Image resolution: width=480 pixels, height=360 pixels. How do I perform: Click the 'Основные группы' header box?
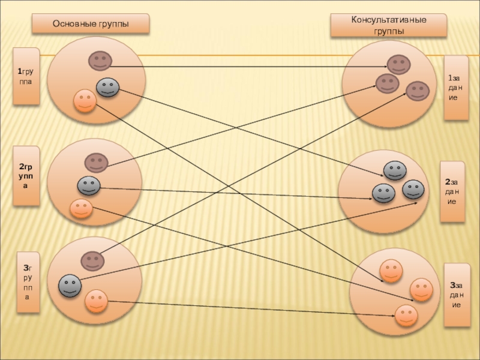coord(91,25)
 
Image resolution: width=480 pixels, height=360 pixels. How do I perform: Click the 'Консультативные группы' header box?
coord(389,26)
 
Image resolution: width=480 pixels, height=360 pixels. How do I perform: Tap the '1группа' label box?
coord(26,77)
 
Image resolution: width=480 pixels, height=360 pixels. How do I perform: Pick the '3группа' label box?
coord(28,283)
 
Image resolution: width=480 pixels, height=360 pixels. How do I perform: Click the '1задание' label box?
coord(456,88)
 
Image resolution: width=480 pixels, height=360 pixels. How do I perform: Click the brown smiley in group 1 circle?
coord(100,61)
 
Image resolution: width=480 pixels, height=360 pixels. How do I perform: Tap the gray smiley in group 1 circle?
coord(107,88)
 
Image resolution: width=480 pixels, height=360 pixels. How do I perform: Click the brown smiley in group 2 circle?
coord(95,163)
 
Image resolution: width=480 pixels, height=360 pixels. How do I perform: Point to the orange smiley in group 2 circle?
coord(81,208)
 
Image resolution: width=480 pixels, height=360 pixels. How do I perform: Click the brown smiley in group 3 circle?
coord(92,260)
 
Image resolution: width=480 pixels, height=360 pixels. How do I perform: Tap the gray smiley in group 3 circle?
coord(70,286)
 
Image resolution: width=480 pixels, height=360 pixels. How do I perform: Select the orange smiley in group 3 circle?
coord(95,300)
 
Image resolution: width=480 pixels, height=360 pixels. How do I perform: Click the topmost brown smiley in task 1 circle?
coord(398,64)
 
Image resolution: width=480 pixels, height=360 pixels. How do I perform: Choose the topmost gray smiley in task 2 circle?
coord(395,170)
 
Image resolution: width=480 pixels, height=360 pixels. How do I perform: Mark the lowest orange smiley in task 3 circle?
coord(406,314)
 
